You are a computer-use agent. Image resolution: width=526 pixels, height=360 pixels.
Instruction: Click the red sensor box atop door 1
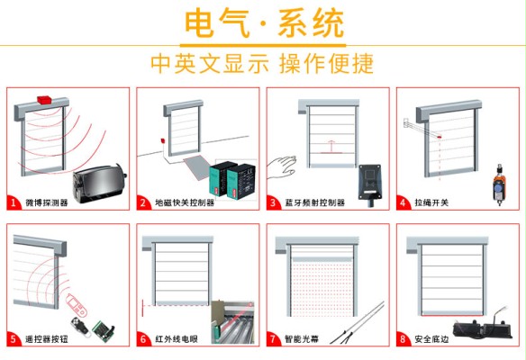coord(44,100)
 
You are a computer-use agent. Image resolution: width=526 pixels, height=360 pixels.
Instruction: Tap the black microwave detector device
coord(100,184)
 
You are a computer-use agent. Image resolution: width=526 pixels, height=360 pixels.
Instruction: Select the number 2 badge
coord(143,202)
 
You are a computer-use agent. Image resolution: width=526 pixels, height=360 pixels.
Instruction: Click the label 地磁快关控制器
coord(185,202)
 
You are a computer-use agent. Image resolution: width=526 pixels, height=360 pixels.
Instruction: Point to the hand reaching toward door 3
coord(282,166)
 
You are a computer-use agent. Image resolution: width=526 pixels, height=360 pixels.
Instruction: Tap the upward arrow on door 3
coord(331,147)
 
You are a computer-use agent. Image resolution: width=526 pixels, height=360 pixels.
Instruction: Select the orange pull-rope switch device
coord(500,184)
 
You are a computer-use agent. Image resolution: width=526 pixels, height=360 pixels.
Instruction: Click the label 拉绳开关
coord(431,202)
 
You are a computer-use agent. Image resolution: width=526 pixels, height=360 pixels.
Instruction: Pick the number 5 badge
coord(14,339)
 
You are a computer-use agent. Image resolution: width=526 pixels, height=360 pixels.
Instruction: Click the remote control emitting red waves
coord(77,304)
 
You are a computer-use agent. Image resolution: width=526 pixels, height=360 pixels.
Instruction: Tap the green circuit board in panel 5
coord(104,330)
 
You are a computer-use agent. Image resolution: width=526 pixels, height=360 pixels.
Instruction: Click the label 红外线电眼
coord(177,339)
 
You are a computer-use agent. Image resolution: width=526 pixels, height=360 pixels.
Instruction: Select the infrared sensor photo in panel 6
coord(232,322)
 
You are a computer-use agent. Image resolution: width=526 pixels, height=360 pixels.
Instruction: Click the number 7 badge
coord(273,339)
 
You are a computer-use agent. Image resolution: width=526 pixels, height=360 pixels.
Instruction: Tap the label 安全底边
coord(431,339)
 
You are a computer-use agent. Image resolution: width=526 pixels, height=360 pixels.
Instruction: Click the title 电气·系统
coord(264,23)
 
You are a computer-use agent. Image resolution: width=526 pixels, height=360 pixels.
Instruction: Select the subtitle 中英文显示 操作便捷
coord(262,63)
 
